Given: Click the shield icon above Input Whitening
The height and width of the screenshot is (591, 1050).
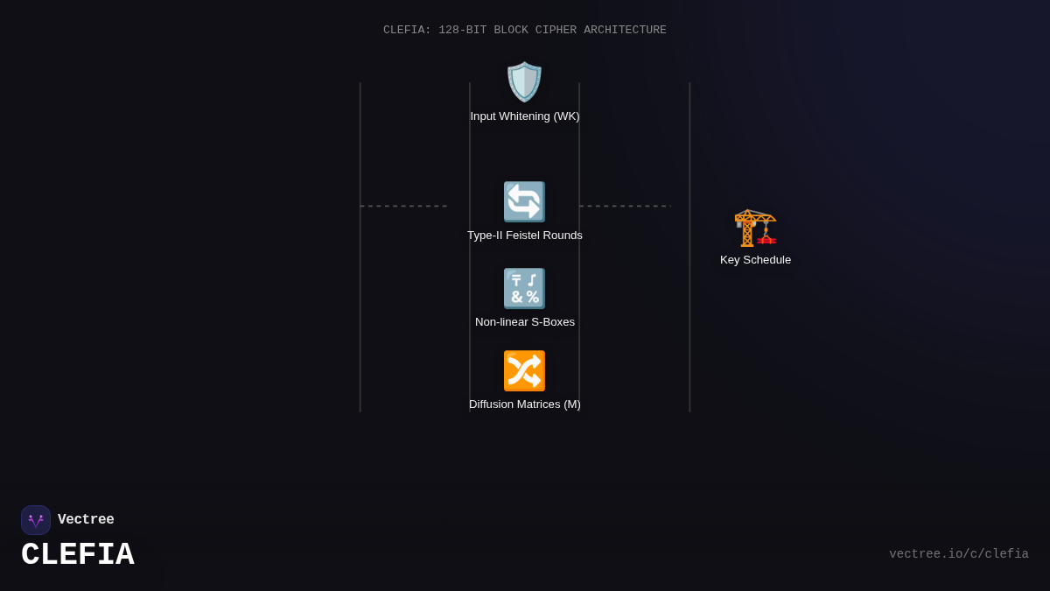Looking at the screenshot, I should [x=524, y=81].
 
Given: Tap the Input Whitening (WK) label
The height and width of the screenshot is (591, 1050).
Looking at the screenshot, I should [x=525, y=116].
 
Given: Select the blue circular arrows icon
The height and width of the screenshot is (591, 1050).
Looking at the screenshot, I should [x=524, y=201].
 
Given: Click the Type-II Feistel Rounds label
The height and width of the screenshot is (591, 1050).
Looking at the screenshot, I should [x=525, y=236].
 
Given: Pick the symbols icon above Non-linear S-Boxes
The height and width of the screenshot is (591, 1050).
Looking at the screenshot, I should [x=524, y=288].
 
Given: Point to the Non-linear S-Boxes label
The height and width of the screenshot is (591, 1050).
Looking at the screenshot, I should [x=525, y=322].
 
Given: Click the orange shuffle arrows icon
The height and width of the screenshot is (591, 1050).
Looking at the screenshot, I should [x=524, y=370].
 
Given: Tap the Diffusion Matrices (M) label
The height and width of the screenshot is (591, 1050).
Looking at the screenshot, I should [x=525, y=405].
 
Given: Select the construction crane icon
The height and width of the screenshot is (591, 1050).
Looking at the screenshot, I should [x=755, y=228].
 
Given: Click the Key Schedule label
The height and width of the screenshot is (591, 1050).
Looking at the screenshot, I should [x=755, y=260].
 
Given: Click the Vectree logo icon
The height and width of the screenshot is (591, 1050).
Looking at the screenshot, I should [x=36, y=520].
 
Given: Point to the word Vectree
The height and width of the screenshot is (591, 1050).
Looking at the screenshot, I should [x=86, y=520].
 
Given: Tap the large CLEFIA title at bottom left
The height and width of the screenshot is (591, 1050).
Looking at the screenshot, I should [x=78, y=555].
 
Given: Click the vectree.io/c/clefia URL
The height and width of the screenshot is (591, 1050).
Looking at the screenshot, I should [x=958, y=554].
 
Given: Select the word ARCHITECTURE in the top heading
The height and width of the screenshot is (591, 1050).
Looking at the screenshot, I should [x=625, y=31].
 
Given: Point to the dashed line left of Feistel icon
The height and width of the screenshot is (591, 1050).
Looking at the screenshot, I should [x=403, y=207].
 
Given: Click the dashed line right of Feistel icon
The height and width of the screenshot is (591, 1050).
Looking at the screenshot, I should [x=625, y=207].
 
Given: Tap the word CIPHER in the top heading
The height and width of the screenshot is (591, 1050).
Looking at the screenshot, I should [x=556, y=31].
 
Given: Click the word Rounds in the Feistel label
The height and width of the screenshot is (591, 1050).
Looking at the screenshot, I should [x=562, y=236].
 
